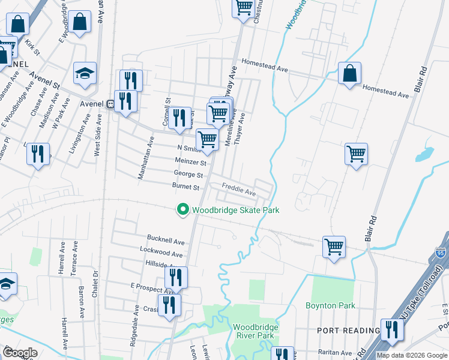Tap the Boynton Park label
pos(330,305)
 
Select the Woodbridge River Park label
pos(253,331)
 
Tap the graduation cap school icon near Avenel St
pos(85,74)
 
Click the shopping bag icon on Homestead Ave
pos(349,74)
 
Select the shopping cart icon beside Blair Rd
pos(356,153)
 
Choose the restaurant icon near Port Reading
pos(392,329)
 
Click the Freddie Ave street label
pos(239,190)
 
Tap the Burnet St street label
pos(185,187)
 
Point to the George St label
pos(188,175)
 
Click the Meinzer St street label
pos(190,162)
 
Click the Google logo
pos(20,352)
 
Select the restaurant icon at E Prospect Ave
pos(176,278)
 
